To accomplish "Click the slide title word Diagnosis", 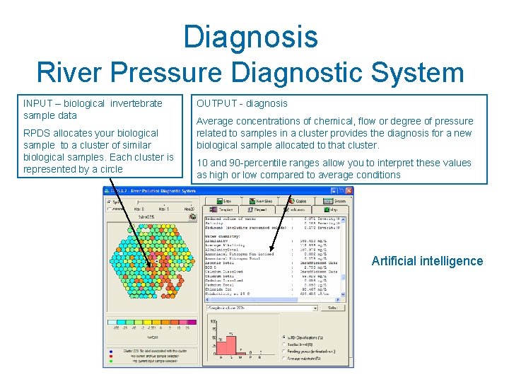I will [250, 37].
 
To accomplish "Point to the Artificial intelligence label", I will [427, 261].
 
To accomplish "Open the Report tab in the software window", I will [258, 210].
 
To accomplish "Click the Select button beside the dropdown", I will [331, 307].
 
